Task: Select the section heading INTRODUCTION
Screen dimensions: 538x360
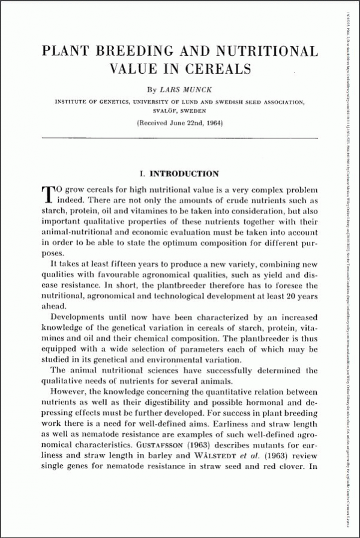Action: coord(184,175)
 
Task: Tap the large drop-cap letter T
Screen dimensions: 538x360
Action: coord(48,193)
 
